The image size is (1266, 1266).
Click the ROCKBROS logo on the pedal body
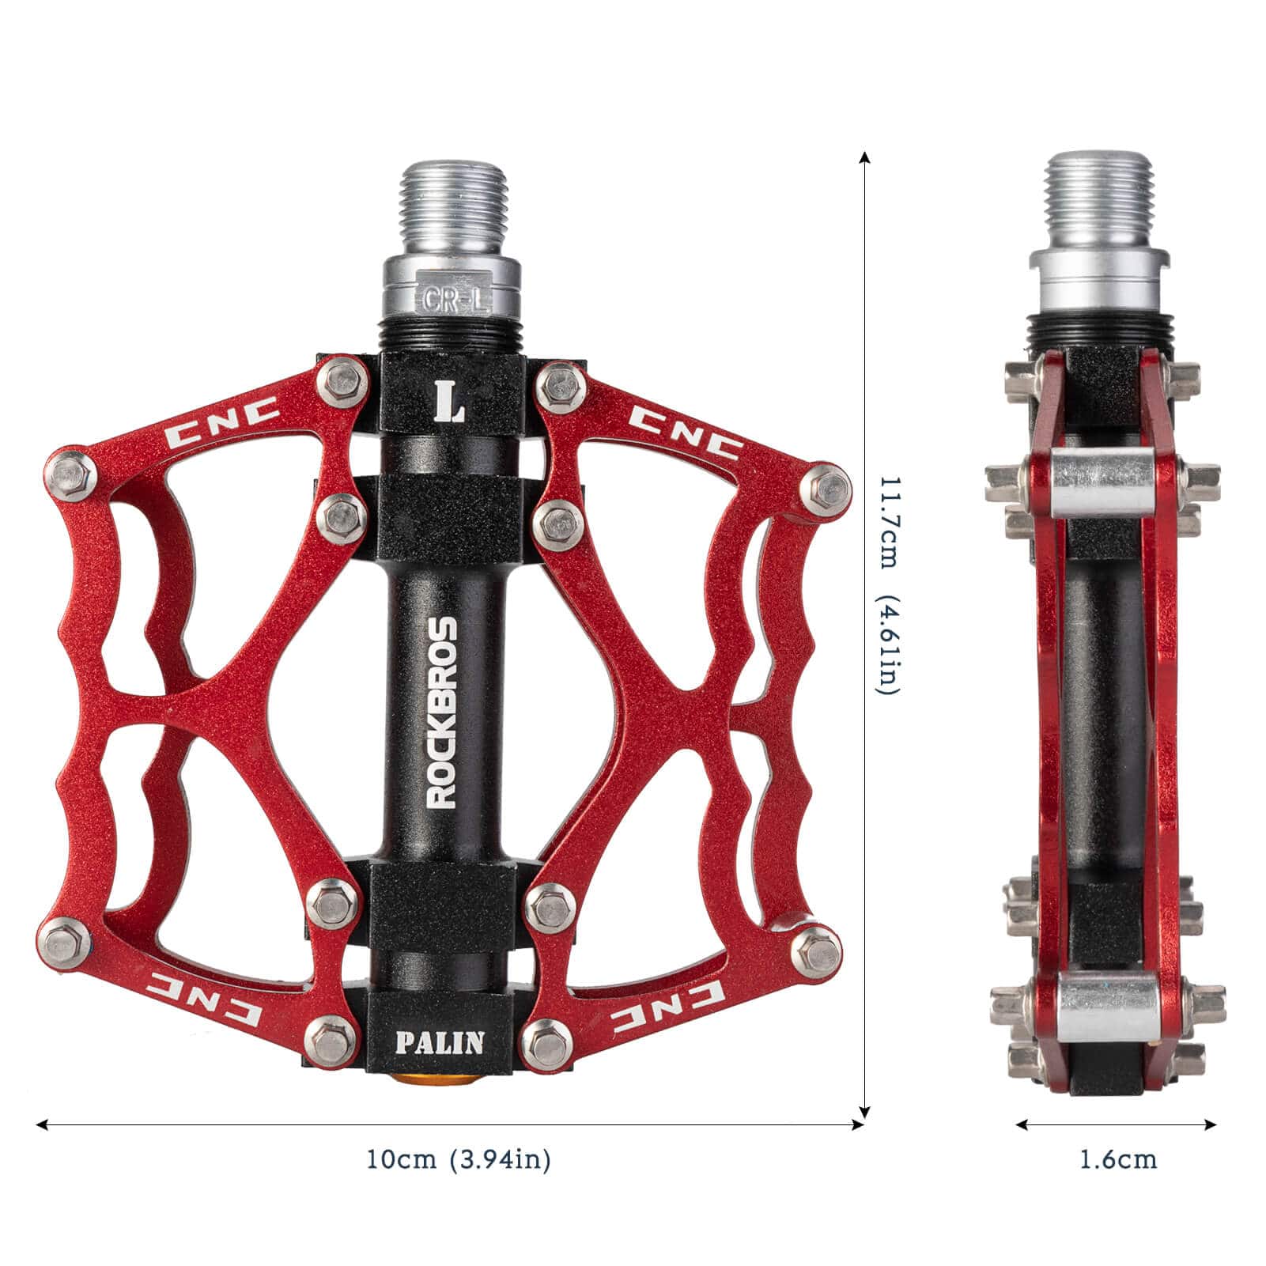tap(441, 712)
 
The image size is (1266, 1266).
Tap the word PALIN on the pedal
tap(440, 1042)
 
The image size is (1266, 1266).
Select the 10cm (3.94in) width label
tap(458, 1160)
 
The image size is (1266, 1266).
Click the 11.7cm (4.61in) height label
tap(888, 586)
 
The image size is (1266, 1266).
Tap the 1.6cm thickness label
tap(1118, 1160)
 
